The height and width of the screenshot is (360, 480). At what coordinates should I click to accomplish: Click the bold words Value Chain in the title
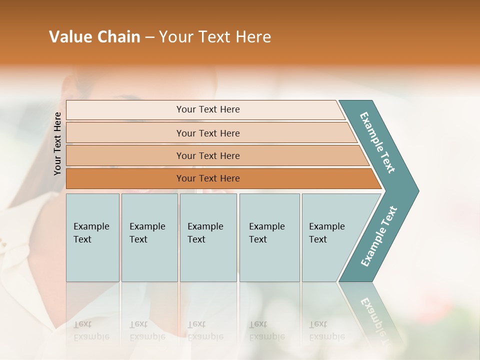click(x=94, y=37)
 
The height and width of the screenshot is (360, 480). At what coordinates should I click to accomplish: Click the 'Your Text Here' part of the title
click(x=215, y=37)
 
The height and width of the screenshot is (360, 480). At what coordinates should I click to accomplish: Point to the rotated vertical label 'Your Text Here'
click(x=57, y=143)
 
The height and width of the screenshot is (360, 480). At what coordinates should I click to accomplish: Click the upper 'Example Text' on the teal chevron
click(x=377, y=142)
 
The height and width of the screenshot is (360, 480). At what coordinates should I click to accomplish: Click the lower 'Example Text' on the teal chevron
click(x=379, y=236)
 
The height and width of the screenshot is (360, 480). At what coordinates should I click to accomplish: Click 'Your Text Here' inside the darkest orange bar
click(x=208, y=178)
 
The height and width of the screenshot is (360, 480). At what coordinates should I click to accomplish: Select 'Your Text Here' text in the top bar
click(x=208, y=109)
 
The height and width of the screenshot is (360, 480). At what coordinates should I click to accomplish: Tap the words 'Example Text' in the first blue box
click(x=91, y=232)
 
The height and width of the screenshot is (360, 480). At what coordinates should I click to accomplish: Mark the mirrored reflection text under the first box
click(x=91, y=330)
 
